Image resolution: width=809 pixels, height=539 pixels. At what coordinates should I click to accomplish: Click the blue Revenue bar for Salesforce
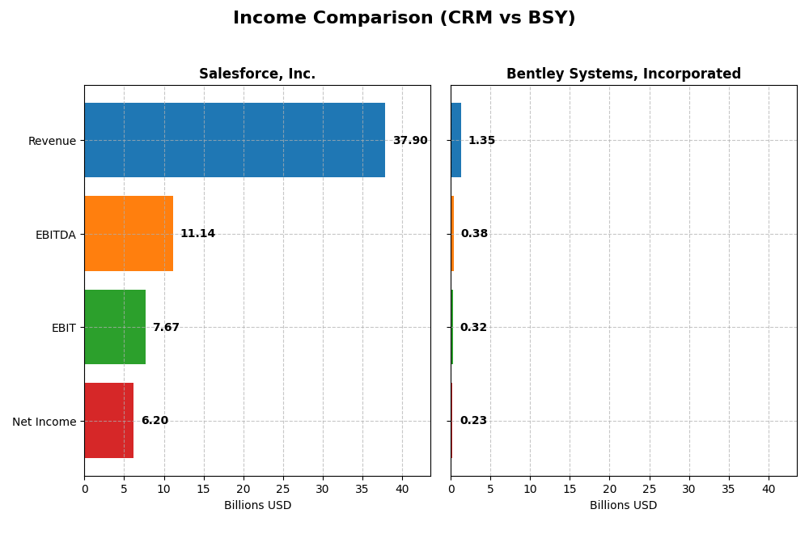235,140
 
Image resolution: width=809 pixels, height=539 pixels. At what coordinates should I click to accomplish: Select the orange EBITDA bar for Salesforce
129,234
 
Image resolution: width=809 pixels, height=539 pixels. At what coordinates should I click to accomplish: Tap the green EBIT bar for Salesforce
115,327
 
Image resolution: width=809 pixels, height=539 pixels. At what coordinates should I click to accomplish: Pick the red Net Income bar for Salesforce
109,421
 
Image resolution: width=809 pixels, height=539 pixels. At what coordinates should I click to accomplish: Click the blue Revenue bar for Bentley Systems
456,140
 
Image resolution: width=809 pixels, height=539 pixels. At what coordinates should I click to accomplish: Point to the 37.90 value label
410,141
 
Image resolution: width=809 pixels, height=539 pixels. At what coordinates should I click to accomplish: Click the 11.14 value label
197,234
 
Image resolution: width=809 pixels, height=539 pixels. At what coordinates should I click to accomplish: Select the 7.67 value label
166,328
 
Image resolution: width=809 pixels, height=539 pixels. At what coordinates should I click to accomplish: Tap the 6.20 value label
155,421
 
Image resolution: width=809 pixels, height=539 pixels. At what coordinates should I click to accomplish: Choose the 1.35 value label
481,141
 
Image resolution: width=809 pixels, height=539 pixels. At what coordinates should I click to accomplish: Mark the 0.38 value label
474,234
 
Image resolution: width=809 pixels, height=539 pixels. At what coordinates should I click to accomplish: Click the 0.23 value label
473,421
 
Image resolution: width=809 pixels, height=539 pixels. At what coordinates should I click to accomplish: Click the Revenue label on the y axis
52,141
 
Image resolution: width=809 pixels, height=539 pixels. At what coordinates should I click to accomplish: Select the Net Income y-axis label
44,422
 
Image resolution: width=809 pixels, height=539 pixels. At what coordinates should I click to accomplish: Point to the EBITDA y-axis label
55,235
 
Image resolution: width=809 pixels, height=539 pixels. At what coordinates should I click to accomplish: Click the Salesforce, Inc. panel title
257,74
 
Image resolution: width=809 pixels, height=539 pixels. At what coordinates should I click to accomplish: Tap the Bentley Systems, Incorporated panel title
624,74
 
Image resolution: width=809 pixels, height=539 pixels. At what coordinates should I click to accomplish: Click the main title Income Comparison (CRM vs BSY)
404,19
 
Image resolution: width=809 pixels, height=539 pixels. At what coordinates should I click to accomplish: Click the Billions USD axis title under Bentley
624,506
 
